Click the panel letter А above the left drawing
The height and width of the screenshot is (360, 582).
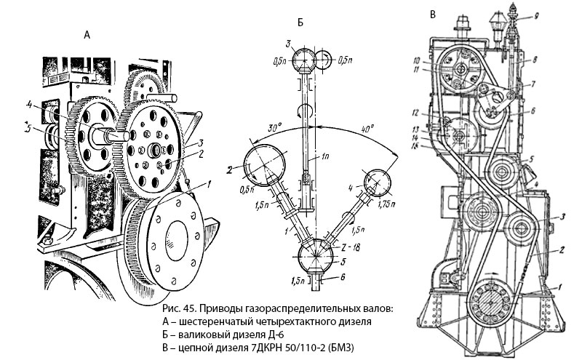click(x=87, y=35)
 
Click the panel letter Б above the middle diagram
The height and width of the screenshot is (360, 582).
click(x=300, y=23)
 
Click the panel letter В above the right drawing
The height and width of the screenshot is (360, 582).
click(x=432, y=15)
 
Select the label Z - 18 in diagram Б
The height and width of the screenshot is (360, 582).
click(x=350, y=248)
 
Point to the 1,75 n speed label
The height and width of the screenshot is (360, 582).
click(x=386, y=204)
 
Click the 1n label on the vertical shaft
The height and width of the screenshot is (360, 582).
click(x=324, y=157)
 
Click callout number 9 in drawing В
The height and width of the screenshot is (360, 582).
click(x=536, y=15)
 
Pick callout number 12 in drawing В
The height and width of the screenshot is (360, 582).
click(x=415, y=112)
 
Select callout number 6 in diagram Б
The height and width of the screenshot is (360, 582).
click(x=343, y=277)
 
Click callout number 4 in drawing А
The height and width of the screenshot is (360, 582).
click(x=30, y=105)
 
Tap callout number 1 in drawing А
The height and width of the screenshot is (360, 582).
click(x=209, y=183)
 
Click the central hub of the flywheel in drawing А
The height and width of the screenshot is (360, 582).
click(x=176, y=241)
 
